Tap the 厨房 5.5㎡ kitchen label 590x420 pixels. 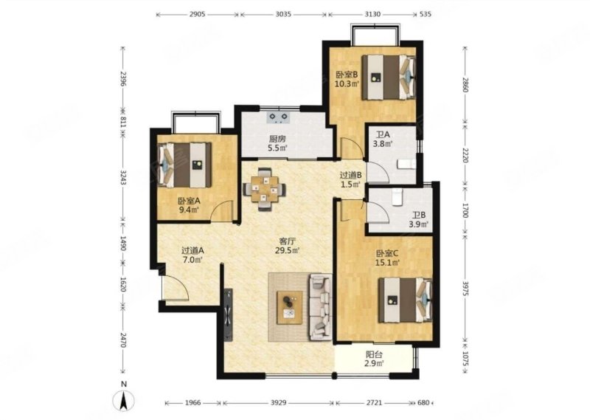pyautogui.click(x=278, y=142)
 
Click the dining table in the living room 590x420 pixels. pyautogui.click(x=265, y=189)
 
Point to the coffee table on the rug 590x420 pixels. pyautogui.click(x=289, y=307)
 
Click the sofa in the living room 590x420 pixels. pyautogui.click(x=320, y=307)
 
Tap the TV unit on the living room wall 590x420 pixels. pyautogui.click(x=228, y=315)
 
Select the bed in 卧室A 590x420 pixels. pyautogui.click(x=185, y=165)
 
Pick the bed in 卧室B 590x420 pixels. pyautogui.click(x=389, y=78)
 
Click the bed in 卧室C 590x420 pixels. pyautogui.click(x=405, y=300)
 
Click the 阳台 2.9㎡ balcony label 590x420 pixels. pyautogui.click(x=374, y=359)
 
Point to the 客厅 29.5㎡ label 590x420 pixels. pyautogui.click(x=287, y=246)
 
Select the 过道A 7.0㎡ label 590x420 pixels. pyautogui.click(x=192, y=255)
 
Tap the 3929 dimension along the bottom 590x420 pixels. pyautogui.click(x=278, y=403)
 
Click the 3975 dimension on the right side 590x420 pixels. pyautogui.click(x=465, y=288)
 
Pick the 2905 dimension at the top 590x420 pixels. pyautogui.click(x=197, y=14)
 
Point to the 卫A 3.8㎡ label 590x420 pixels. pyautogui.click(x=383, y=139)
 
